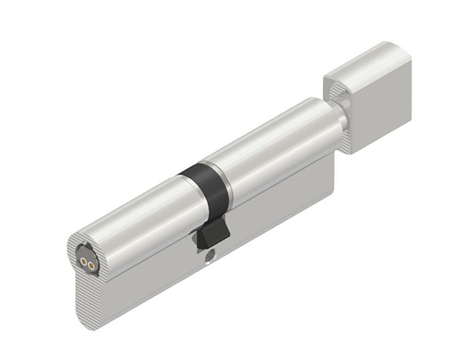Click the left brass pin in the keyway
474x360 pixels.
coord(84,261)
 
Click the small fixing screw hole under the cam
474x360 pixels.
coord(211,254)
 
